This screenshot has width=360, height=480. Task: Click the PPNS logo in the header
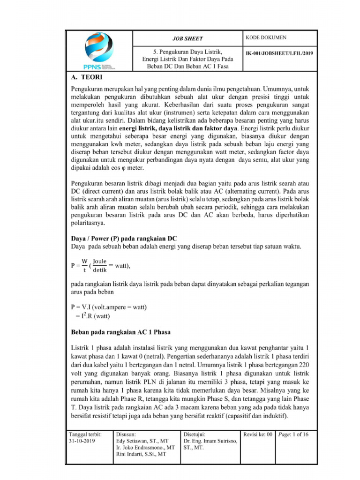click(x=99, y=51)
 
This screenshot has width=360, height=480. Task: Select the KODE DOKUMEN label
click(x=266, y=37)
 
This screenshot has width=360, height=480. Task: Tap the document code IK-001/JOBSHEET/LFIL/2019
click(x=279, y=53)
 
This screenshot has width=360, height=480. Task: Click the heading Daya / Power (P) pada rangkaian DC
click(x=124, y=239)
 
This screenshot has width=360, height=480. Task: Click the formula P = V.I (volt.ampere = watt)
click(x=109, y=307)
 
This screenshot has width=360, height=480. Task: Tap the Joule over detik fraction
click(x=100, y=265)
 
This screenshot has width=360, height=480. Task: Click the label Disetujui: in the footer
click(x=195, y=435)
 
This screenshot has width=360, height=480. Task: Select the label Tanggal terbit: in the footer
click(x=85, y=435)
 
